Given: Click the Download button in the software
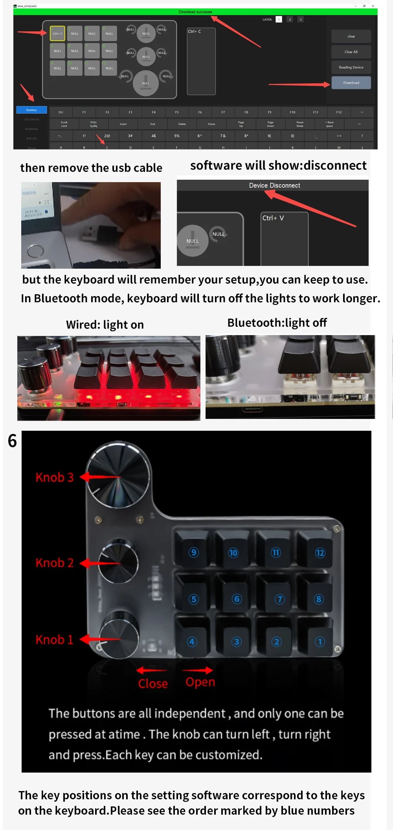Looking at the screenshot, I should coord(351,83).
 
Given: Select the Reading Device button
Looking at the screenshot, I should coord(351,67).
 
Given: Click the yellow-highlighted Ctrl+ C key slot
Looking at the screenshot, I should coord(57,33).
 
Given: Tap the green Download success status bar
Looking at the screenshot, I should coord(195,12).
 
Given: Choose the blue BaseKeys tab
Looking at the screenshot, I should coord(31,110).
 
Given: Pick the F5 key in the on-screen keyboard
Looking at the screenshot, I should coord(177,112).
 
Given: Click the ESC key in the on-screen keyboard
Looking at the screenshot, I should coord(61,112).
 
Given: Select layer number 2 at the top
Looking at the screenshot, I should coord(290,19).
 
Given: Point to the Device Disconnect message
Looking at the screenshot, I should coord(274,185).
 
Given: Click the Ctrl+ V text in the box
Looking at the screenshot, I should coord(273,218).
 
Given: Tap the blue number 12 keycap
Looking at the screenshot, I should coord(320,553).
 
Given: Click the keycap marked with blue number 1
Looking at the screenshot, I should coord(320,642).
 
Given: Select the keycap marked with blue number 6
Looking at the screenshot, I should coord(237,599).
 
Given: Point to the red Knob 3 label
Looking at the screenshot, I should coord(55,477).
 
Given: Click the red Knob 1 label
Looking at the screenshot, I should coord(55,640).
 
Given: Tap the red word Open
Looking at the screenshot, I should coord(200,682).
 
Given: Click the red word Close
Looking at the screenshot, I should coord(153,684).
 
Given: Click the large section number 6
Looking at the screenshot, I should coord(12,441).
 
